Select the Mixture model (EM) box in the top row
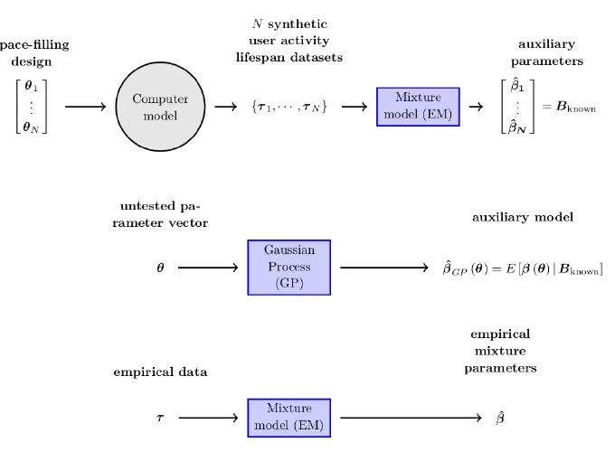tap(418, 107)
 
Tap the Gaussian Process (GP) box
tap(289, 268)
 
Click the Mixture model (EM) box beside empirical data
tap(289, 418)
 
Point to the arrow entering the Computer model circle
tap(86, 107)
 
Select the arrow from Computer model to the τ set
tap(225, 107)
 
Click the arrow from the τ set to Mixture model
tap(354, 107)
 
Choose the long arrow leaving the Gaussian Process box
tap(383, 268)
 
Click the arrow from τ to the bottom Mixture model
tap(212, 418)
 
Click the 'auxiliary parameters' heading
tap(546, 52)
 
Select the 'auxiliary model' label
tap(523, 218)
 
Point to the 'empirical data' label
tap(160, 372)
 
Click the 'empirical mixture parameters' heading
tap(500, 351)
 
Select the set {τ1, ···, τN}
tap(289, 107)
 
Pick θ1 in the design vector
tap(31, 88)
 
